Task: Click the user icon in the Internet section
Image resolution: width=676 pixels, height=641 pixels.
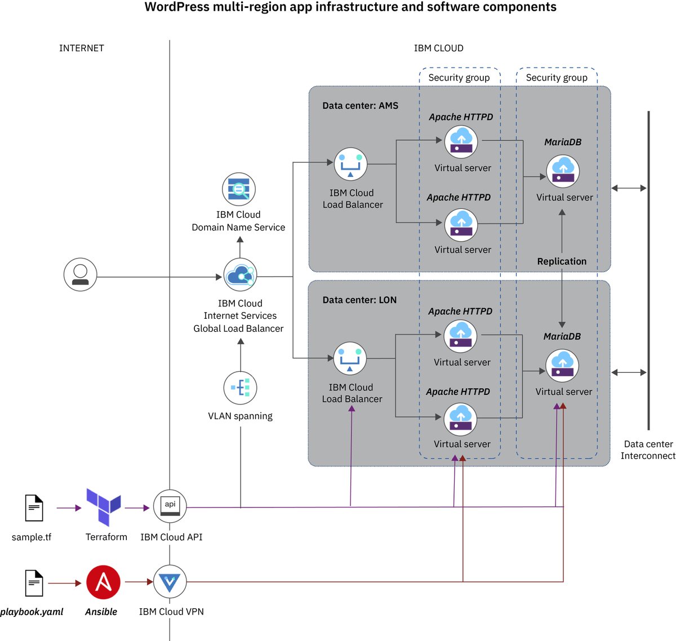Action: [x=80, y=275]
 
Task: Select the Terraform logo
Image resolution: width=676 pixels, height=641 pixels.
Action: [x=103, y=506]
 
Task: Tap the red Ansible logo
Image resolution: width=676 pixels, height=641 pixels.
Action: [x=103, y=582]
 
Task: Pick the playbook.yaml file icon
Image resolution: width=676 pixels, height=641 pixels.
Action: [x=34, y=582]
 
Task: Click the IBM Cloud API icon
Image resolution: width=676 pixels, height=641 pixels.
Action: [x=170, y=506]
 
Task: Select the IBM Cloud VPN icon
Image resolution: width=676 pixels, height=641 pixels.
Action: [x=170, y=582]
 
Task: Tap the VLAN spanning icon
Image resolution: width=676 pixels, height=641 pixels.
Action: [x=241, y=388]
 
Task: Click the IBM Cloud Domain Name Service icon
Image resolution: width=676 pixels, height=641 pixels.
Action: [x=239, y=189]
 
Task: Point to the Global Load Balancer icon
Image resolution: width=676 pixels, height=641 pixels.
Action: [x=241, y=275]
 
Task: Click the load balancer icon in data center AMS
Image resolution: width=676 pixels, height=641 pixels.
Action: [x=350, y=164]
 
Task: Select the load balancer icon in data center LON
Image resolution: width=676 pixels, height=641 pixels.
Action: [x=350, y=358]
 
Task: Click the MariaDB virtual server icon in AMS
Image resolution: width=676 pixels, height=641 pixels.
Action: [x=563, y=171]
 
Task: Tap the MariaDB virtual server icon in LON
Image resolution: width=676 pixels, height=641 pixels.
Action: [x=562, y=366]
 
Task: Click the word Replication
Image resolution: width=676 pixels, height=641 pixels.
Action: [x=562, y=261]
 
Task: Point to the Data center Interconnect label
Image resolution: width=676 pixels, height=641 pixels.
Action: [x=648, y=450]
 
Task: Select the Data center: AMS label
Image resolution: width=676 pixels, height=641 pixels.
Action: [x=360, y=105]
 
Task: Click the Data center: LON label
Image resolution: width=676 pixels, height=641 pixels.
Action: [x=359, y=300]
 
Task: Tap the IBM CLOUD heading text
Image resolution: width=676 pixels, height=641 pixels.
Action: [x=438, y=48]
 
